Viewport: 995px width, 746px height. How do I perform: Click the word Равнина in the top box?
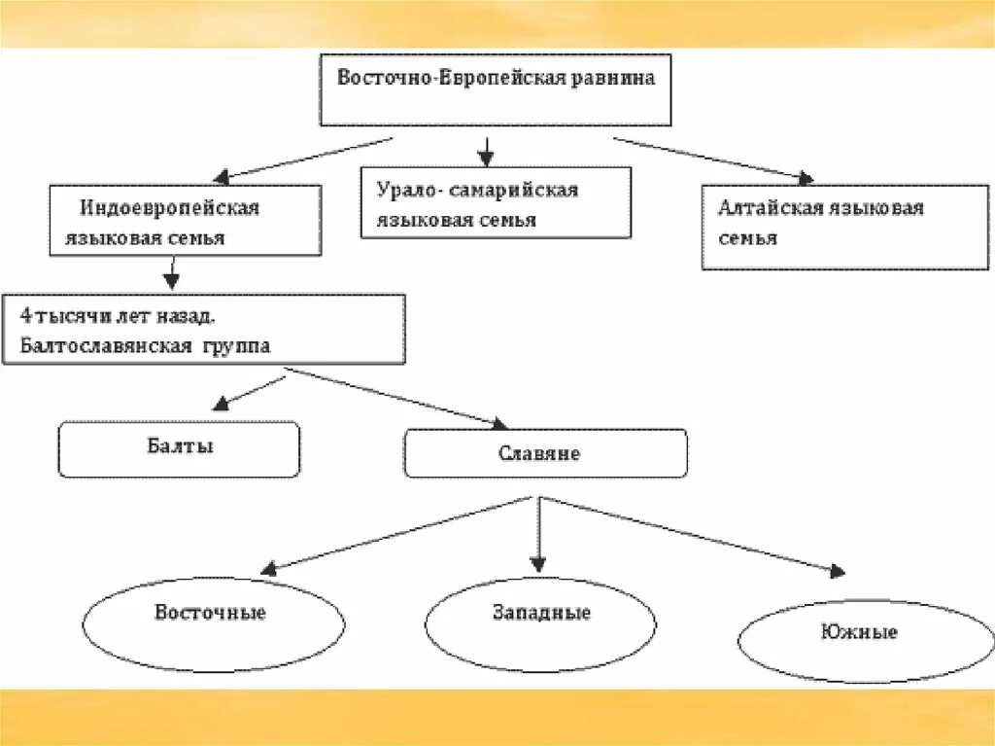click(612, 78)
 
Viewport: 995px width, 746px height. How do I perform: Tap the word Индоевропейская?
click(170, 208)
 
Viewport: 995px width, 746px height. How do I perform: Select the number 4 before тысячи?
click(24, 317)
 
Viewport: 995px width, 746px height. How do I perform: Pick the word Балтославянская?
click(105, 345)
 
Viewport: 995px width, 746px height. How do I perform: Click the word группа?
click(237, 345)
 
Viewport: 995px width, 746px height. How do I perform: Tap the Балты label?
click(179, 447)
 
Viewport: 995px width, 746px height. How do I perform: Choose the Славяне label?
click(539, 453)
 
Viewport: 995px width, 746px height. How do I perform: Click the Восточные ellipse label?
click(210, 613)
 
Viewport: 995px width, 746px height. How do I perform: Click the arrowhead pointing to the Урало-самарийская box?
click(486, 159)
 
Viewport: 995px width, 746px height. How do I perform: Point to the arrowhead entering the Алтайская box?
click(805, 178)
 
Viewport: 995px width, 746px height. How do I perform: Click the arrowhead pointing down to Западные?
click(538, 564)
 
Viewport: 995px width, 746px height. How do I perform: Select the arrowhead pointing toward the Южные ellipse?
click(836, 572)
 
